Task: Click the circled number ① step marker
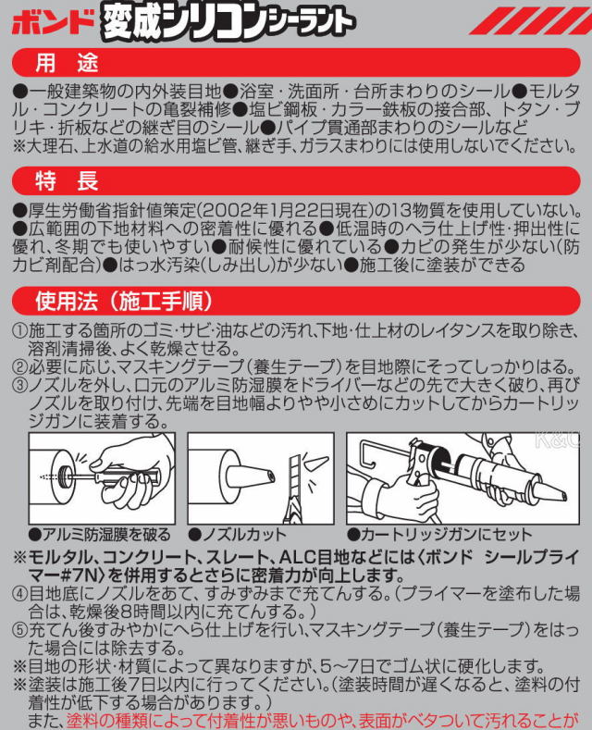pos(18,331)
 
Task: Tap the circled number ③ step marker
pos(18,384)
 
